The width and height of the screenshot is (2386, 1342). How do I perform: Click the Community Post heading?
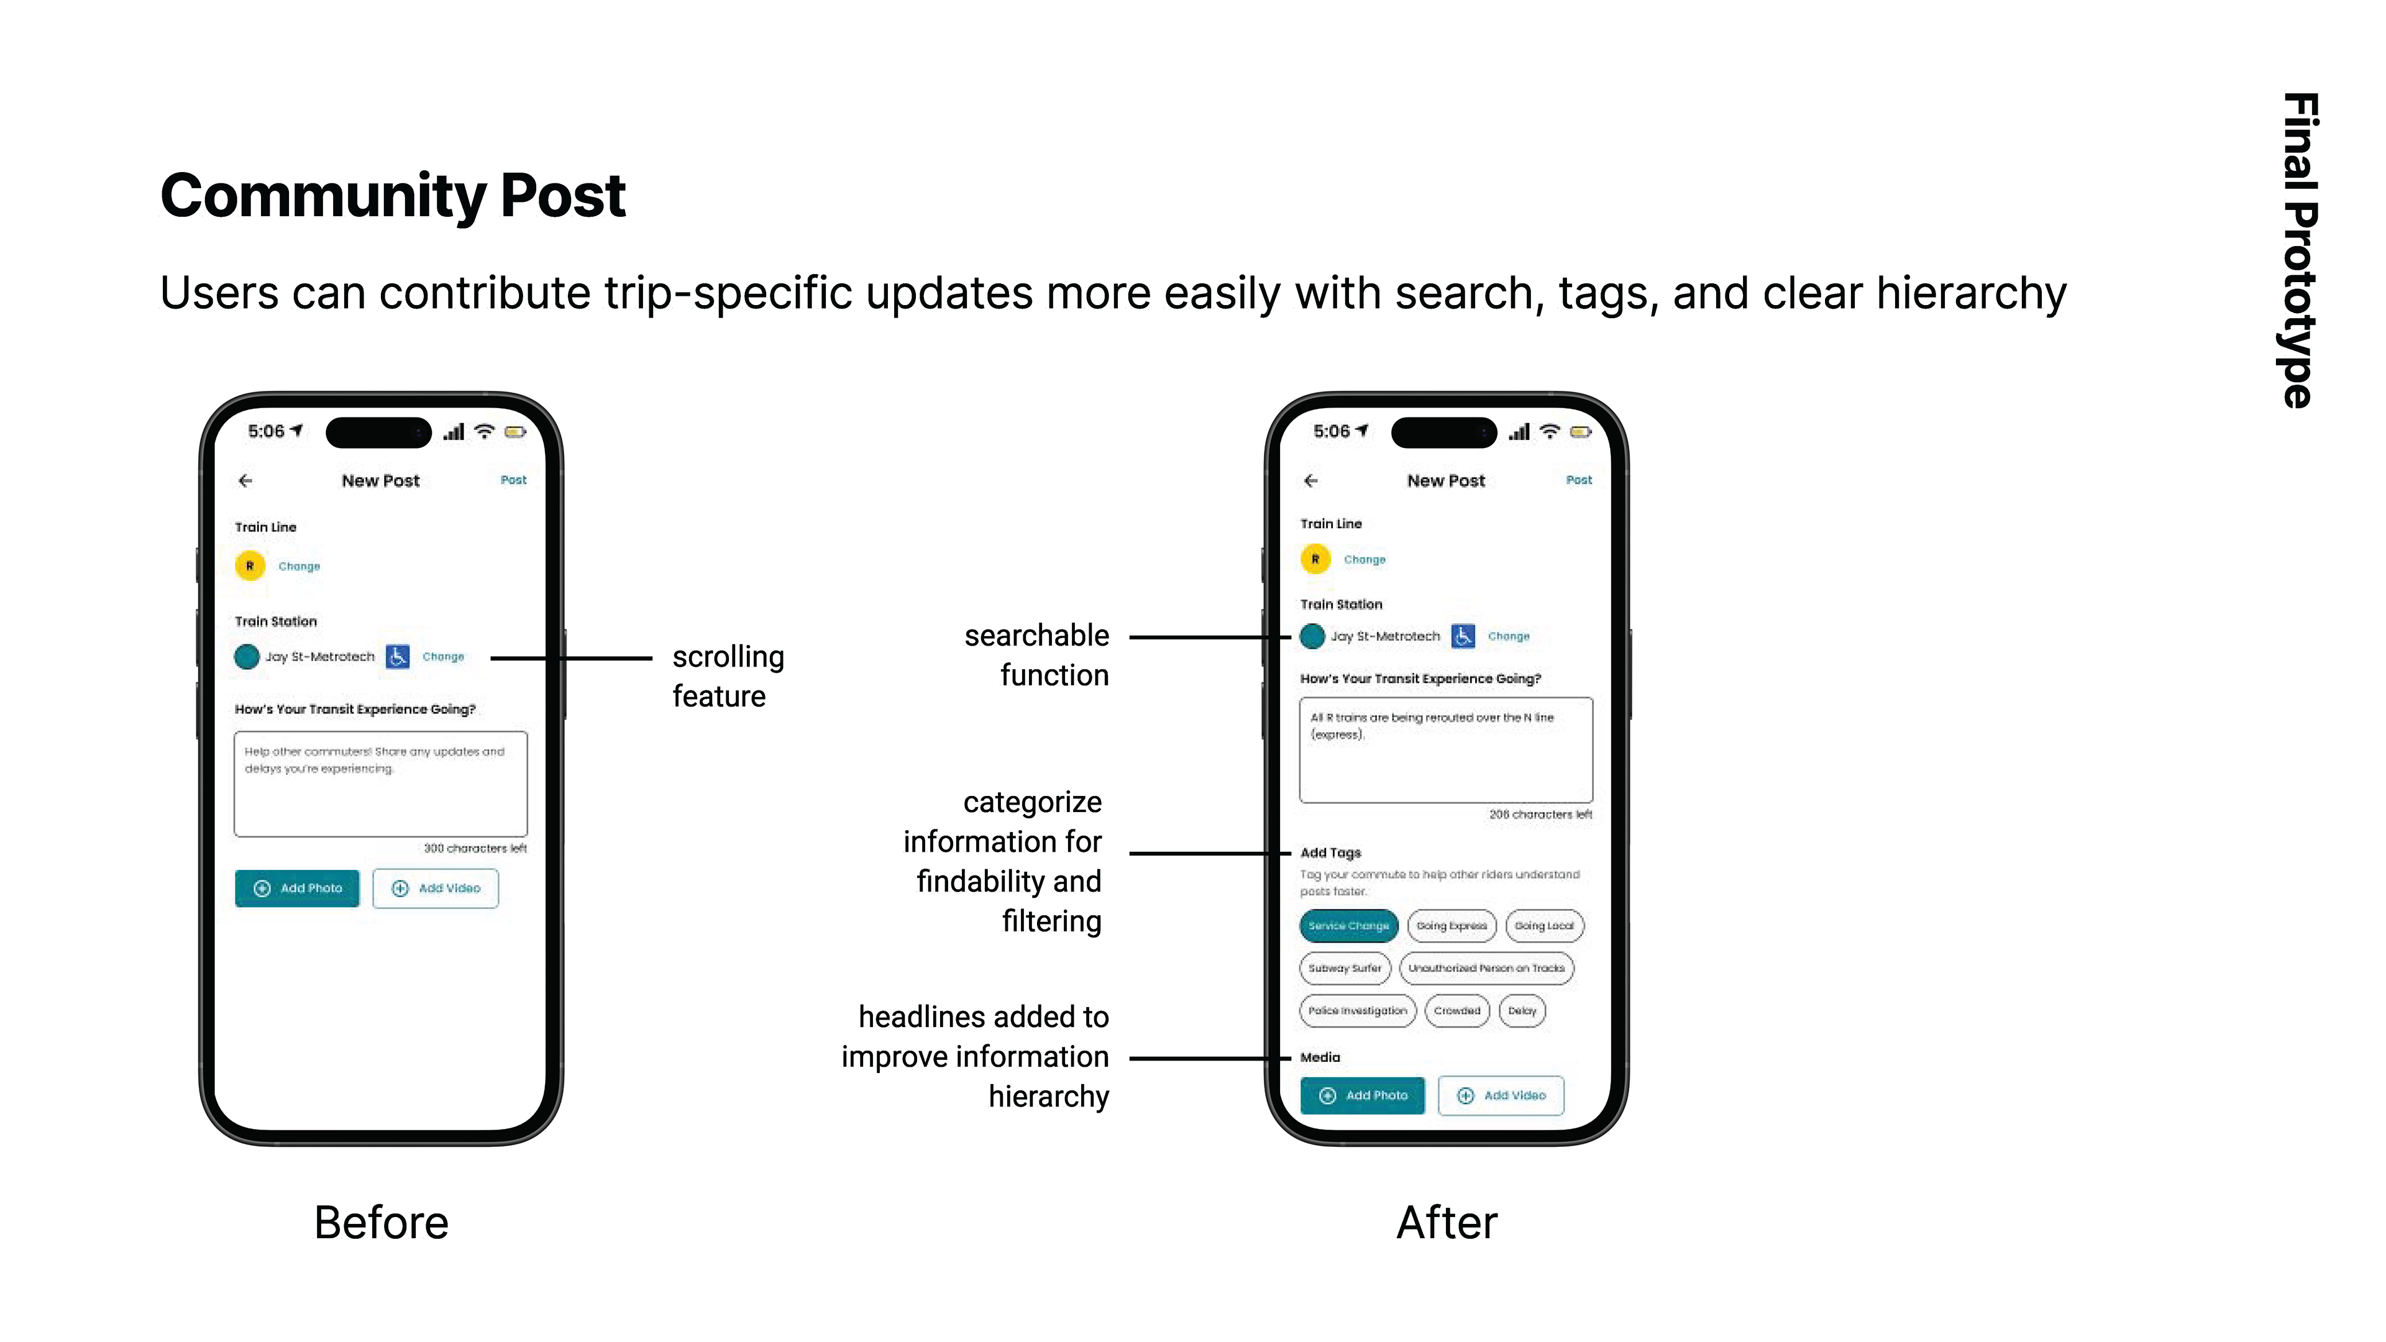tap(393, 196)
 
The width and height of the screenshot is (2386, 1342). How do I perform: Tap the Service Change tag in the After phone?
tap(1348, 925)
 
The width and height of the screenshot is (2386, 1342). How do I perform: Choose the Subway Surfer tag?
tap(1344, 968)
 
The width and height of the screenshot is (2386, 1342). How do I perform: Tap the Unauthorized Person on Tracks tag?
tap(1486, 968)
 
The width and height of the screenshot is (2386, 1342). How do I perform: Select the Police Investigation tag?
tap(1357, 1010)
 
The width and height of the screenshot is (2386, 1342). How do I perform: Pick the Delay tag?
tap(1521, 1010)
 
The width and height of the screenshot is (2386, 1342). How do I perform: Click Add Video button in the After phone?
tap(1501, 1095)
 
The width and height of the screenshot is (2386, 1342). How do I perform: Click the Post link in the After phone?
tap(1578, 480)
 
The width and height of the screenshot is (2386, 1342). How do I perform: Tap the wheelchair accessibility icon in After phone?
tap(1463, 636)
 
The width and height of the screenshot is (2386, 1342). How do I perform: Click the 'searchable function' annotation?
tap(1036, 655)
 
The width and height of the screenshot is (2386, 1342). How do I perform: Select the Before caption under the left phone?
tap(381, 1223)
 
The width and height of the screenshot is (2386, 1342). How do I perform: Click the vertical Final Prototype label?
tap(2299, 250)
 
